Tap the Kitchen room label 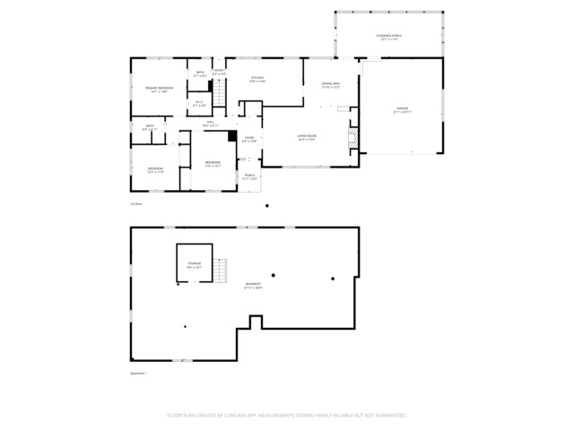(257, 80)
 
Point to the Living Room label (308, 138)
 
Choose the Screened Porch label (390, 38)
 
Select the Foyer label (249, 139)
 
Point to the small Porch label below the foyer (249, 176)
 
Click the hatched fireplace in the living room (352, 137)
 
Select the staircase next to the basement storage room (222, 269)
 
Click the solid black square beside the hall (232, 137)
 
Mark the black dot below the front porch (267, 206)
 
